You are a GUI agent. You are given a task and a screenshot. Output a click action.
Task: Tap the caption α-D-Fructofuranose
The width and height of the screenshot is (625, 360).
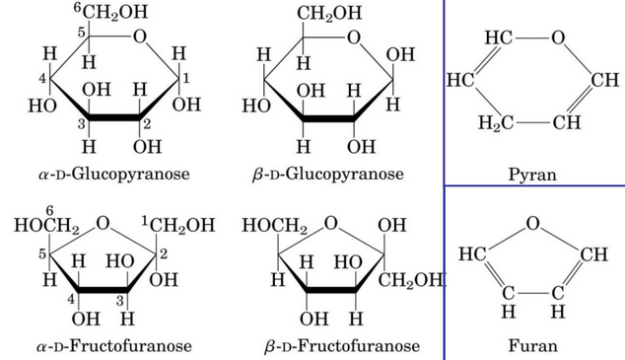point(114,346)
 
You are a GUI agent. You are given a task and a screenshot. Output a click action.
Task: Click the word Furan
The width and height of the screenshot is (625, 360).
point(532,346)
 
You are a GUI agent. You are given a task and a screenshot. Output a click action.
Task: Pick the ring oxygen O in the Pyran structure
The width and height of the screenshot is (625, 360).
point(558,39)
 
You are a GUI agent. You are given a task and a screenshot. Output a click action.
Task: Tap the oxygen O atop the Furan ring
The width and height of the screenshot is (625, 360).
point(532,223)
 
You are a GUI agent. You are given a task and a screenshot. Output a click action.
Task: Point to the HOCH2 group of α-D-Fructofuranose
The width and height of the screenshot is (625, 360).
point(46,226)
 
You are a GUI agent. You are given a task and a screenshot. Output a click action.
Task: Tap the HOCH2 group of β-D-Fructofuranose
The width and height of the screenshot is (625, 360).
point(273,226)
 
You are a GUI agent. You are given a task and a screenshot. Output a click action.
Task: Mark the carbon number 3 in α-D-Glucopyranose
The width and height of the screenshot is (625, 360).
point(83,122)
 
